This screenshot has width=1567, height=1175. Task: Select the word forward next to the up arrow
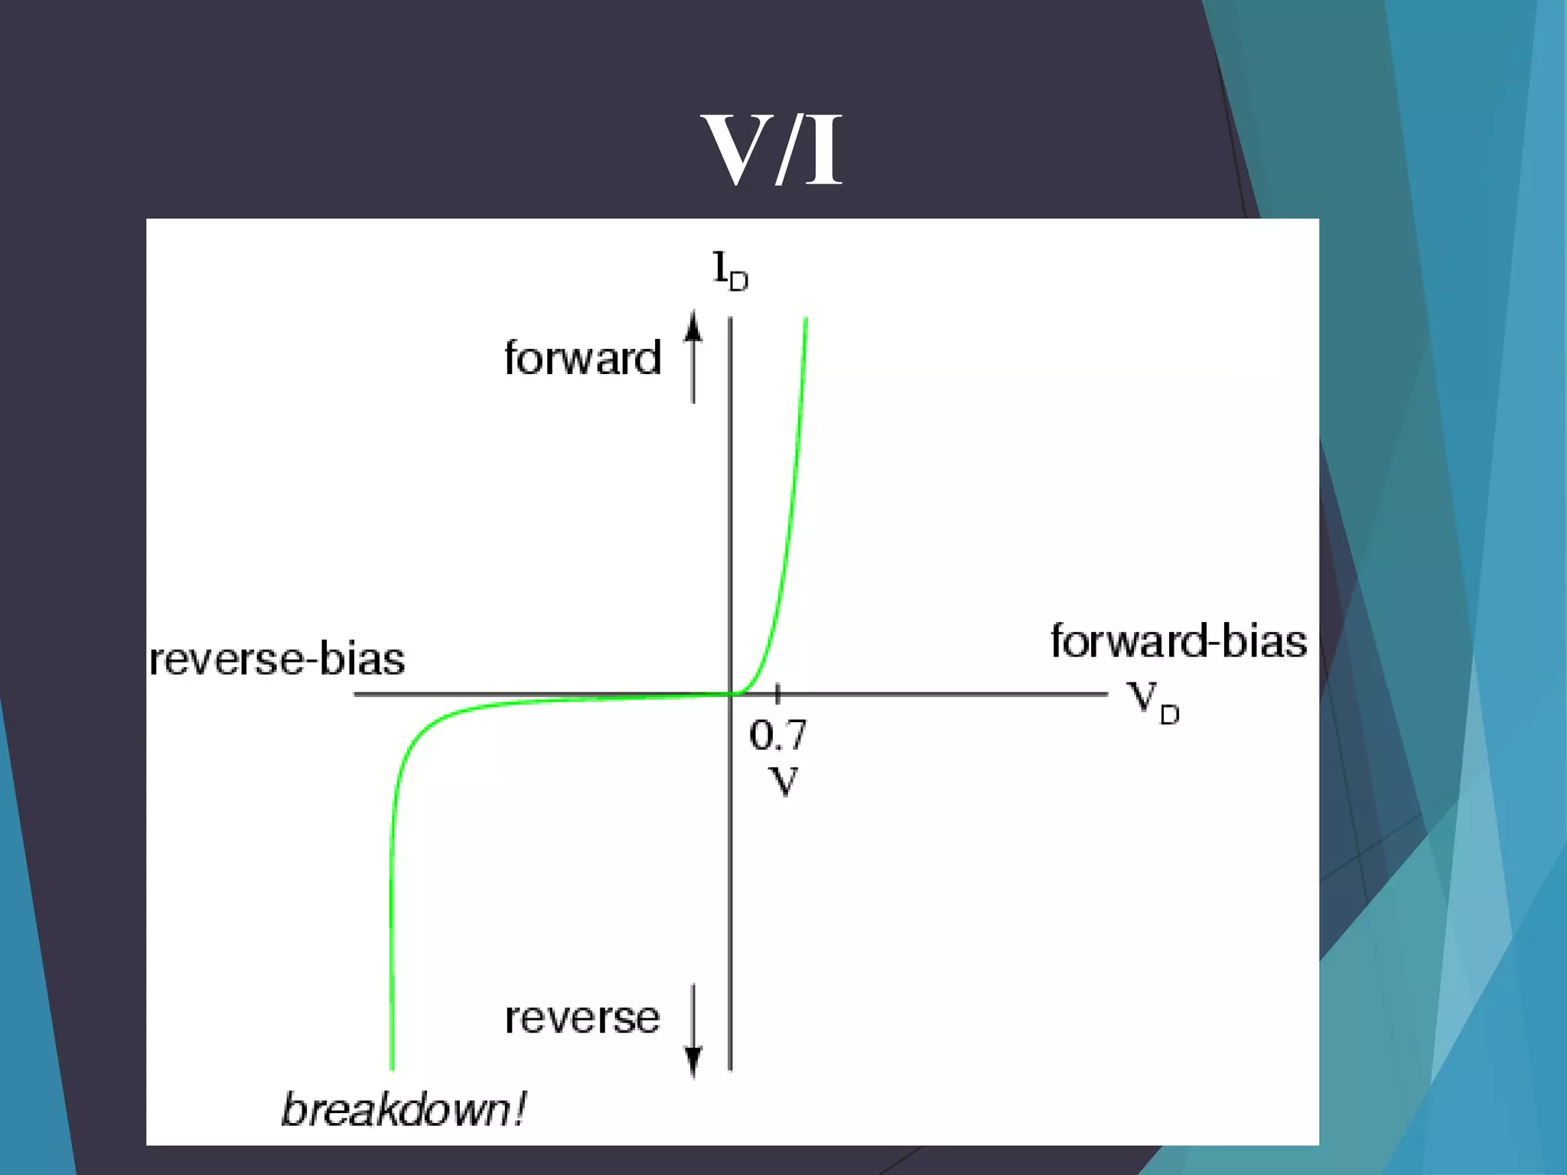[x=583, y=358]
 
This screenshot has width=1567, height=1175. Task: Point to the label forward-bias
[x=1178, y=641]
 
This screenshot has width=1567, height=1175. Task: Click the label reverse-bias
[x=277, y=659]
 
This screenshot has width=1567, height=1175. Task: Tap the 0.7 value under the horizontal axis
[x=777, y=735]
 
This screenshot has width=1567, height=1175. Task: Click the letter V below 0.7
[x=783, y=781]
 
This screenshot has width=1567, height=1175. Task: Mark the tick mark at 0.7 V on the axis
[x=777, y=694]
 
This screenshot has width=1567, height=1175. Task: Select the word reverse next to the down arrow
[x=582, y=1018]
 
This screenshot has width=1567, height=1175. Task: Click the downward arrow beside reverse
[x=693, y=1030]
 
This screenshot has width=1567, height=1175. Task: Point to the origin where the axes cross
[x=731, y=694]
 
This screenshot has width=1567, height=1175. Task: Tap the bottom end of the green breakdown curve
[x=392, y=1066]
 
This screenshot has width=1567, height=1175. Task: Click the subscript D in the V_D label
[x=1169, y=714]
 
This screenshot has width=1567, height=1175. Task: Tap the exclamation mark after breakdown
[x=520, y=1109]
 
